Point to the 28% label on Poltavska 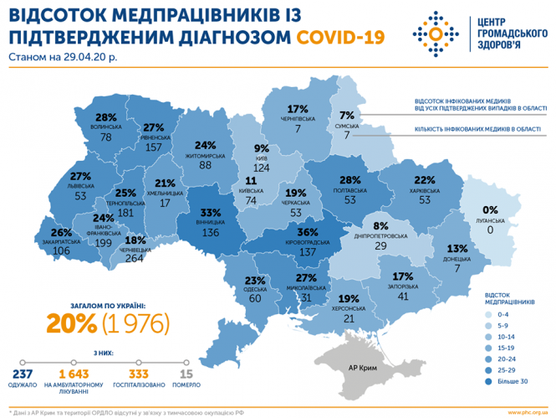350,179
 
